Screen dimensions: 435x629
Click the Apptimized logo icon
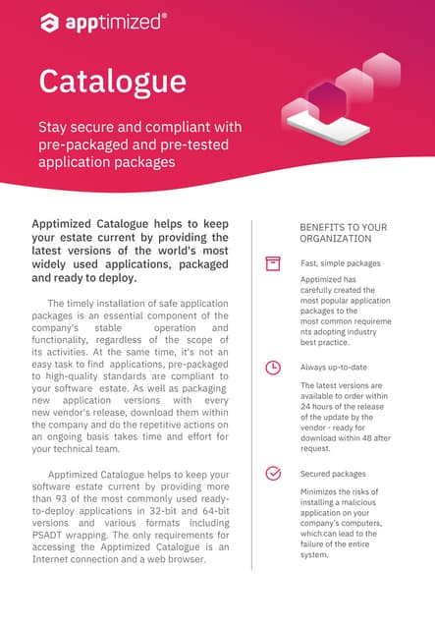click(x=49, y=22)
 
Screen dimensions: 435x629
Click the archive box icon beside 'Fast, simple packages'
click(x=273, y=263)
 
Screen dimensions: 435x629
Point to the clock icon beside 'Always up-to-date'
click(x=273, y=368)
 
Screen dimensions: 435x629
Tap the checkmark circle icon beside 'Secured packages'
click(x=273, y=473)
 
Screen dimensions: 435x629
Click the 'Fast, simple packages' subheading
click(x=340, y=263)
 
